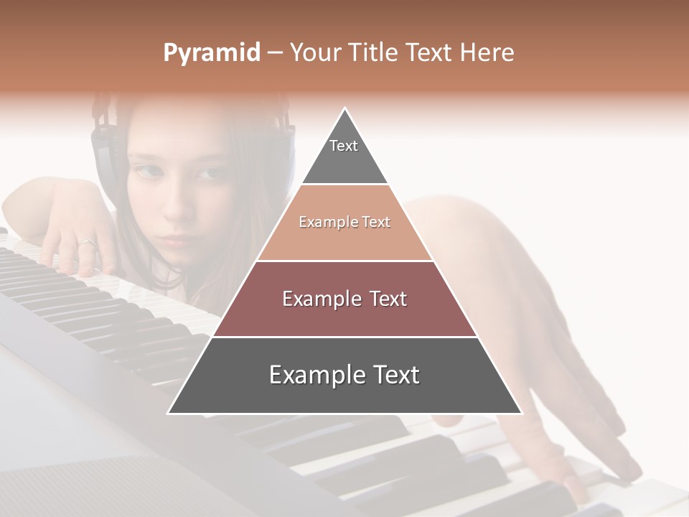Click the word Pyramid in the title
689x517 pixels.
point(211,53)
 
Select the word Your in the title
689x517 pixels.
point(317,53)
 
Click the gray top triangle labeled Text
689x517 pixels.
point(344,154)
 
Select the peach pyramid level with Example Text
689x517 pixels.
point(344,223)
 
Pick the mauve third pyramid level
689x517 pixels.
point(344,299)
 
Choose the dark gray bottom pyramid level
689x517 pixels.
point(344,376)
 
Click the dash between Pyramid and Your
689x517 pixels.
point(274,53)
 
